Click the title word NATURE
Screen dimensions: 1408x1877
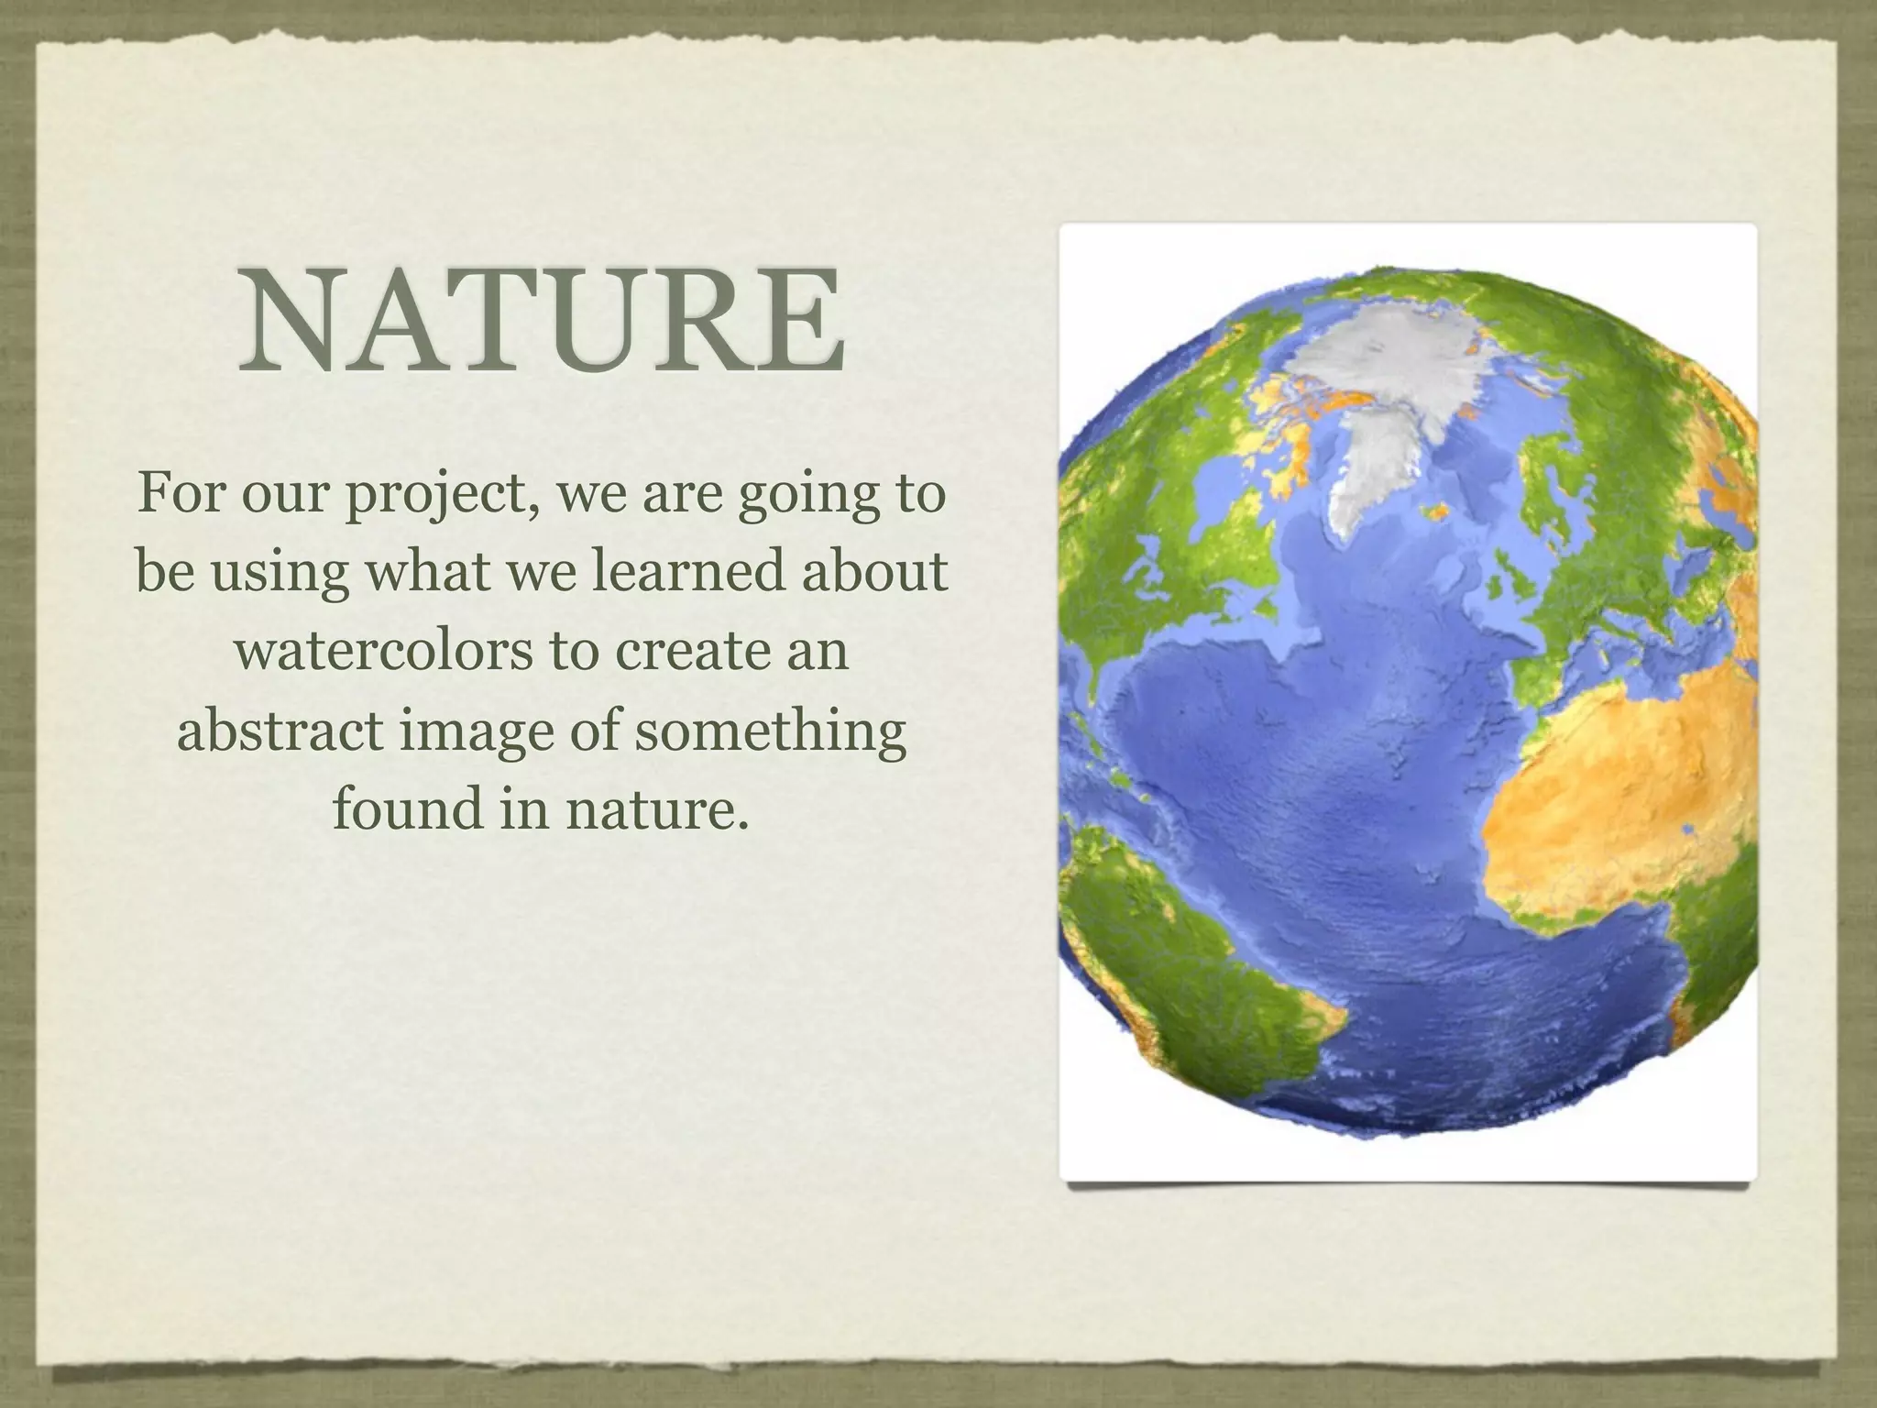[x=541, y=320]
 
